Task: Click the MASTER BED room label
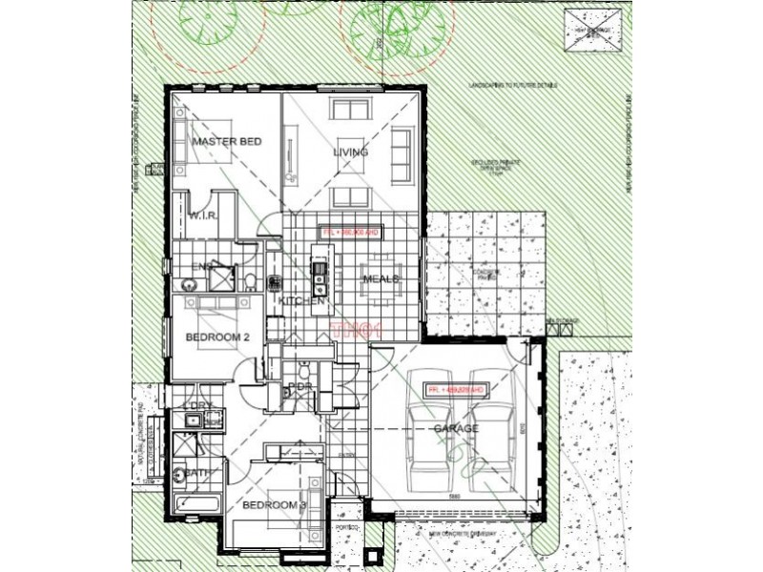click(226, 142)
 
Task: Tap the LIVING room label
click(350, 153)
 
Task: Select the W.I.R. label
click(204, 216)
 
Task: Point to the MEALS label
click(380, 279)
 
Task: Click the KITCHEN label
click(302, 302)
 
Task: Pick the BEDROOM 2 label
click(217, 337)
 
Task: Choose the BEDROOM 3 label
click(273, 504)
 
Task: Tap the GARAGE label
click(456, 430)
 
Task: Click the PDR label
click(300, 386)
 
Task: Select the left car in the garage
click(427, 442)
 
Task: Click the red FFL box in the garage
click(456, 390)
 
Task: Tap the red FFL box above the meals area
click(350, 232)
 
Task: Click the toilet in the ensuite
click(250, 280)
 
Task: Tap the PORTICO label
click(345, 527)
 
